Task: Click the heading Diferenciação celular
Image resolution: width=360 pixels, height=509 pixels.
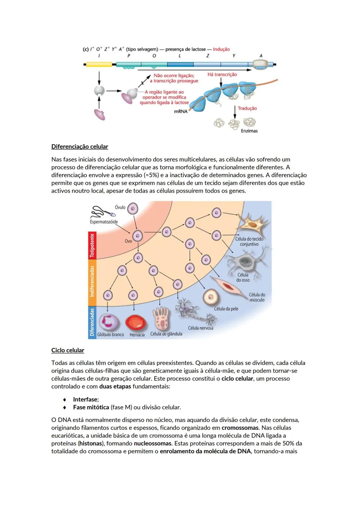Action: (80, 147)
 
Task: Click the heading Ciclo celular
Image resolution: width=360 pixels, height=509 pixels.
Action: (68, 350)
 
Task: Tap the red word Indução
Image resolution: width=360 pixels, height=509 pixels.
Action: (221, 49)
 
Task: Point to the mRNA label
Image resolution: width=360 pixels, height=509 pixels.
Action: (181, 112)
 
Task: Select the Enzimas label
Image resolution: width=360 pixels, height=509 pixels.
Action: (249, 131)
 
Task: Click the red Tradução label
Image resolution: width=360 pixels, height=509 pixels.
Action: (247, 108)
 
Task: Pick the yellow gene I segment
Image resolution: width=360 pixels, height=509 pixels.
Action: (99, 64)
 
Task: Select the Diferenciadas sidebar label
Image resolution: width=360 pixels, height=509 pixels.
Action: (92, 322)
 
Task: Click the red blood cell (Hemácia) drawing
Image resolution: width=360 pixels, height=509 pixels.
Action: (136, 323)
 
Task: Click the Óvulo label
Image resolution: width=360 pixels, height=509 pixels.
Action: (120, 207)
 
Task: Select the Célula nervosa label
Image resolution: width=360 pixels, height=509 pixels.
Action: (200, 328)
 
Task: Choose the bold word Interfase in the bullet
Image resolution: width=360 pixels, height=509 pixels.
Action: (85, 399)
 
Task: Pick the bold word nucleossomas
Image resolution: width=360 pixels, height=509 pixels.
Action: (153, 444)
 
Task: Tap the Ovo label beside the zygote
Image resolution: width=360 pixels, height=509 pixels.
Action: (128, 241)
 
